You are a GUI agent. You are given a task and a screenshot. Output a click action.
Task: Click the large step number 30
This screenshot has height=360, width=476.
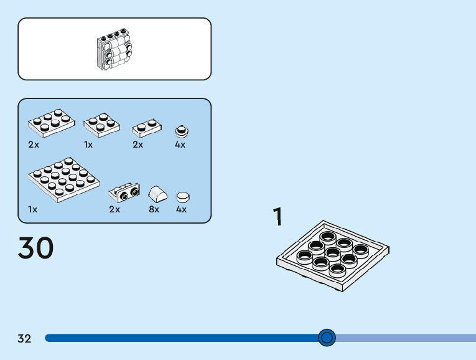tap(36, 248)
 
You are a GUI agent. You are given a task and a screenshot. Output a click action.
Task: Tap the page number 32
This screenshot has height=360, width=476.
tap(24, 339)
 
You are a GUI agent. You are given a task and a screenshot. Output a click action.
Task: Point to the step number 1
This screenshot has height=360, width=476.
tap(278, 216)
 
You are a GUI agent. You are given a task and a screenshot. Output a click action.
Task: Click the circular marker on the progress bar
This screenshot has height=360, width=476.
tap(327, 338)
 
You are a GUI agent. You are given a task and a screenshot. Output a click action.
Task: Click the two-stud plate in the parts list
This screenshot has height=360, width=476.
tap(147, 128)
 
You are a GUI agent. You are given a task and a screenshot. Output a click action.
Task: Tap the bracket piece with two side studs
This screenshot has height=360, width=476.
tap(124, 193)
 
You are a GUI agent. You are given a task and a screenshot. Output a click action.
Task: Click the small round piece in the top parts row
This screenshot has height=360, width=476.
tap(181, 131)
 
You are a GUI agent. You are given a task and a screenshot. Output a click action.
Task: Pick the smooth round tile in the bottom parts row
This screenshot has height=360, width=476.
tap(182, 197)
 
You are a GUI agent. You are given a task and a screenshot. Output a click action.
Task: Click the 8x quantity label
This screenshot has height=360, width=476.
tap(154, 210)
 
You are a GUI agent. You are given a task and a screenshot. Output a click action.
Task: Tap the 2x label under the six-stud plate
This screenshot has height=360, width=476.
tap(34, 144)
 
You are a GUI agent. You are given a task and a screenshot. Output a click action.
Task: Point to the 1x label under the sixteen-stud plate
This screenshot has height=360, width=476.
tap(33, 210)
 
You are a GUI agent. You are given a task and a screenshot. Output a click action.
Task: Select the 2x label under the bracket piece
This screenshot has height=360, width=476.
tap(114, 210)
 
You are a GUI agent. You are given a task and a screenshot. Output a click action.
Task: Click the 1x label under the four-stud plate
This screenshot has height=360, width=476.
tap(88, 144)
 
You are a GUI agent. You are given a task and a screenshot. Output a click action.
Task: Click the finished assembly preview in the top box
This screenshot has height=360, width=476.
tap(114, 49)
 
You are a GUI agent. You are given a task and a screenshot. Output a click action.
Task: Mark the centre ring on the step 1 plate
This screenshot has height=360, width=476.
tap(333, 253)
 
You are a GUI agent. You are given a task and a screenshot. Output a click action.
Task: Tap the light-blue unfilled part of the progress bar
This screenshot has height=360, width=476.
tap(404, 338)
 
